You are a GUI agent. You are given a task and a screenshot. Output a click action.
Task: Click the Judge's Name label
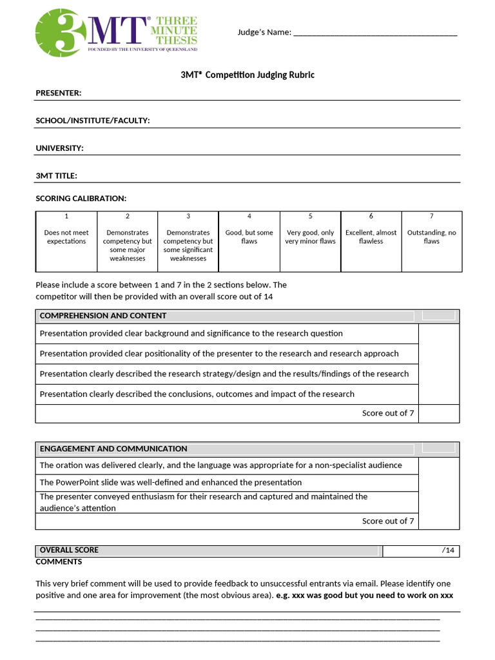(x=264, y=32)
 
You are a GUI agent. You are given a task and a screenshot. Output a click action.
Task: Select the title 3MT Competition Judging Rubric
(x=247, y=75)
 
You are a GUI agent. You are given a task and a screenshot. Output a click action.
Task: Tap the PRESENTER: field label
(x=59, y=93)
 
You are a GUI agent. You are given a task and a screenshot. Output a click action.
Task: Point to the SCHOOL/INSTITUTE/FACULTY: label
(x=93, y=121)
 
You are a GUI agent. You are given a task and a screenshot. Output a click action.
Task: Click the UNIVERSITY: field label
(x=59, y=148)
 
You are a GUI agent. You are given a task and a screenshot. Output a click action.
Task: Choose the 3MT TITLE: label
(x=57, y=175)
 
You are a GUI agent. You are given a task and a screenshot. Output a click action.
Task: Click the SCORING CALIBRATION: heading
(x=81, y=198)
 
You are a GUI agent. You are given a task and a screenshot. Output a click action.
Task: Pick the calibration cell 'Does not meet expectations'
(x=66, y=237)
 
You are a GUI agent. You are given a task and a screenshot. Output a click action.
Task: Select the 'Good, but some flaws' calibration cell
(x=249, y=237)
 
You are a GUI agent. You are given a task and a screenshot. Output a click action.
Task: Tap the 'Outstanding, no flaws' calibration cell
(x=431, y=237)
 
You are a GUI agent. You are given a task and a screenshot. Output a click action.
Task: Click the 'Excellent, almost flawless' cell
(x=371, y=237)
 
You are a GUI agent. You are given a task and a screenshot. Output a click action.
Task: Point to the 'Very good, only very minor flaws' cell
(x=310, y=237)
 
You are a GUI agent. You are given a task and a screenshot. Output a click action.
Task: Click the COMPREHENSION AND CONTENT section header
(x=103, y=316)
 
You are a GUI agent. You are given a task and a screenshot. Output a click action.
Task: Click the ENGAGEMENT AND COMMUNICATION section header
(x=113, y=449)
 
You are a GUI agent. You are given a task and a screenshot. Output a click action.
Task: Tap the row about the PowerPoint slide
(x=171, y=482)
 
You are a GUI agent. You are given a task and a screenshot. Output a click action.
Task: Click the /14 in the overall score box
(x=449, y=550)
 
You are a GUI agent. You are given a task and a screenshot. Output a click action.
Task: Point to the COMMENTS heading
(x=59, y=562)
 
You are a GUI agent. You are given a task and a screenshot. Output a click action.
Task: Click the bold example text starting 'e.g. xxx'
(x=364, y=595)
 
